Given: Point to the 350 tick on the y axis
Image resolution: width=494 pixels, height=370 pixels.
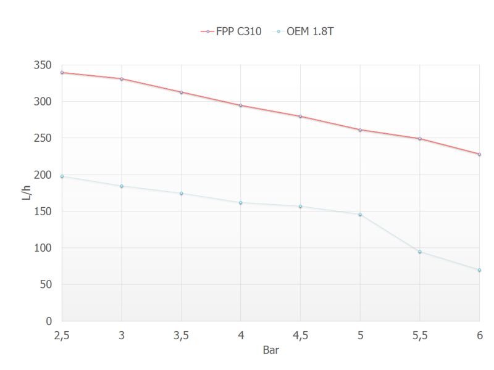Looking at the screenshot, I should click(44, 65).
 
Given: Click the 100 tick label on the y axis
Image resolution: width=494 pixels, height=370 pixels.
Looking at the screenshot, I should click(44, 248).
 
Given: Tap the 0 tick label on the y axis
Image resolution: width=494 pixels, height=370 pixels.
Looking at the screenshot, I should click(49, 321).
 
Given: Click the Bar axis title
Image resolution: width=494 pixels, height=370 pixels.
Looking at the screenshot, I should click(270, 350).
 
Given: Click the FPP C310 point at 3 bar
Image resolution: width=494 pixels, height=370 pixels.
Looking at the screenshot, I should click(122, 79).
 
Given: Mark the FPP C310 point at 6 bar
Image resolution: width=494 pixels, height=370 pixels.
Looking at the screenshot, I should click(479, 154).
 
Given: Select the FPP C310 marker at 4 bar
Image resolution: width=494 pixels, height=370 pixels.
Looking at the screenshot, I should click(241, 105).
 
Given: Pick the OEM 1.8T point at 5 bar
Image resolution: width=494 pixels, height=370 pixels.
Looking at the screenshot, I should click(360, 215).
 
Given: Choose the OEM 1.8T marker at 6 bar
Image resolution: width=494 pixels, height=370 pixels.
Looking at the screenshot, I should click(479, 270).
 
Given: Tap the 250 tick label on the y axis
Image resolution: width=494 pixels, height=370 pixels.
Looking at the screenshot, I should click(44, 138).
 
